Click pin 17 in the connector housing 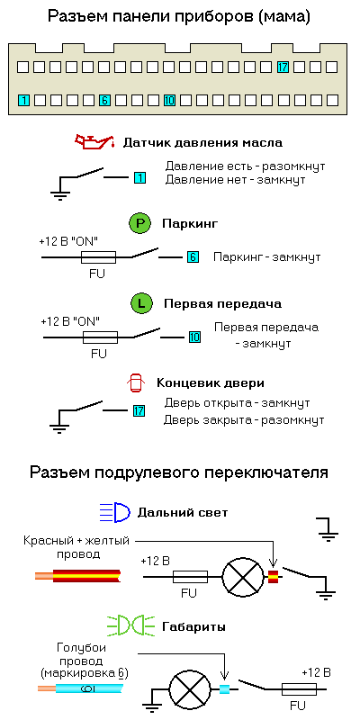click(x=283, y=67)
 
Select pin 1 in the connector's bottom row click(x=23, y=100)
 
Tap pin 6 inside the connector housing click(x=104, y=100)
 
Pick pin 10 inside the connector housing click(x=169, y=100)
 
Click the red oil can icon click(x=94, y=141)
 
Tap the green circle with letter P click(x=140, y=224)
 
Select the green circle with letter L click(x=141, y=303)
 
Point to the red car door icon click(x=136, y=384)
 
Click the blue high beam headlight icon click(x=115, y=512)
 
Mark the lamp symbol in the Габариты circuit click(x=190, y=689)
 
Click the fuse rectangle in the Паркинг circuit click(x=98, y=257)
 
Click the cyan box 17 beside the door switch click(x=139, y=410)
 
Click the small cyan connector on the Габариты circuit click(x=224, y=688)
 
